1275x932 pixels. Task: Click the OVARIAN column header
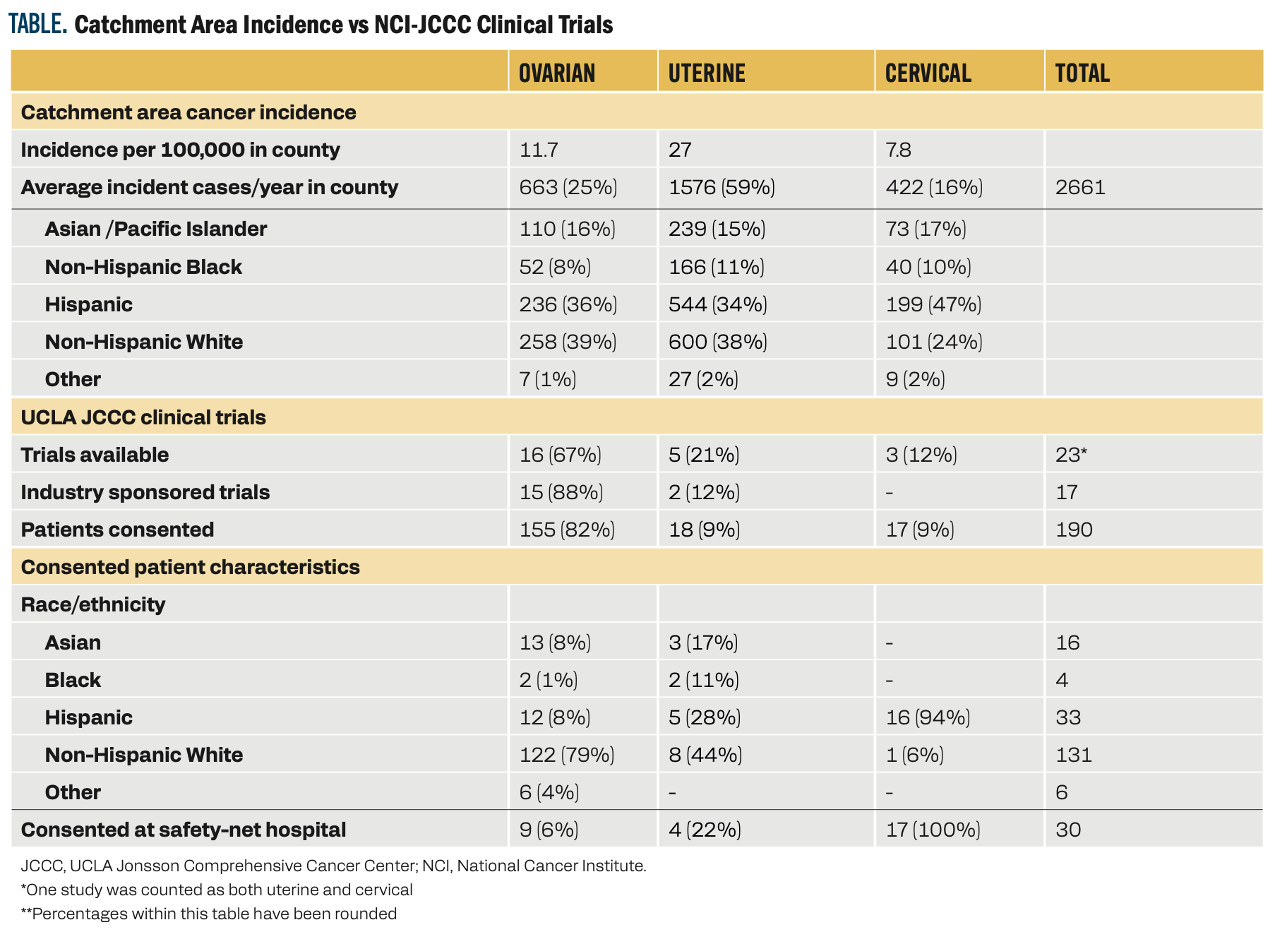(x=556, y=73)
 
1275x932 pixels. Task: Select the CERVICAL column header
(x=928, y=73)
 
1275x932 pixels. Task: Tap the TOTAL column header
(x=1082, y=73)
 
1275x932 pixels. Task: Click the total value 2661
(x=1080, y=187)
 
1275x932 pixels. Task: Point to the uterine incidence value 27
(x=680, y=150)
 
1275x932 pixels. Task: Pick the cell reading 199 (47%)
(x=933, y=304)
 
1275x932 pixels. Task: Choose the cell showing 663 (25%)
(x=568, y=187)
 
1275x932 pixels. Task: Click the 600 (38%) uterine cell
(x=717, y=342)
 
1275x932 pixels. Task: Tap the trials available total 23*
(x=1070, y=455)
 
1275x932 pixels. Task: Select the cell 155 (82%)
(x=567, y=530)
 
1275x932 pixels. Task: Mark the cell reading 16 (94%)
(x=928, y=717)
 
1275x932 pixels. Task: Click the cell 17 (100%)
(x=933, y=830)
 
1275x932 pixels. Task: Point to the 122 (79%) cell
(x=567, y=755)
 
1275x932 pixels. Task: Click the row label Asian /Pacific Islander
(x=155, y=229)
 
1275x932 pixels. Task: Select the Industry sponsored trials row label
(x=145, y=492)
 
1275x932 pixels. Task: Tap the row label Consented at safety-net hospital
(x=183, y=830)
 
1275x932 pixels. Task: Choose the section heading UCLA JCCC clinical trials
(x=143, y=417)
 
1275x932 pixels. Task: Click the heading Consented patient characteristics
(x=190, y=567)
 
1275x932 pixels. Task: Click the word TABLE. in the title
(x=37, y=25)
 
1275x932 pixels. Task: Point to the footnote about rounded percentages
(x=208, y=914)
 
